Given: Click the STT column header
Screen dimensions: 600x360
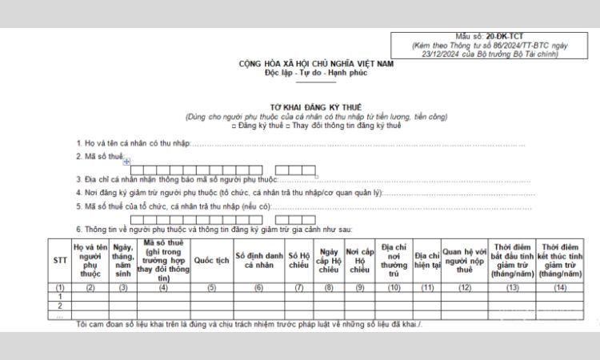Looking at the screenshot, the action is [59, 260].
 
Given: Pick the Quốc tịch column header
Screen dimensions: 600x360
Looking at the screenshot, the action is [211, 260].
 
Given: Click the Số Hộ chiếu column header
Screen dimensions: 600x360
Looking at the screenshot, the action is [298, 260].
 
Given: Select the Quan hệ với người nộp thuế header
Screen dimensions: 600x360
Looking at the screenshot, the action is [465, 260].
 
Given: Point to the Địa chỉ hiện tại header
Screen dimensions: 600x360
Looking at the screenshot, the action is [428, 260].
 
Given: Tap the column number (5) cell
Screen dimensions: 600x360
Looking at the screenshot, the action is [211, 286].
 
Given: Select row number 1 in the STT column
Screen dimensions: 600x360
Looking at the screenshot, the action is [59, 296].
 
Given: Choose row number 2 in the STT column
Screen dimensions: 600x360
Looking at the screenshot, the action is [59, 306].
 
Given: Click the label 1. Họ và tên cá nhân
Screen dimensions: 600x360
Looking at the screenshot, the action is [132, 144].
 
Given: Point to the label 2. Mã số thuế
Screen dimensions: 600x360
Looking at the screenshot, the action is [100, 158].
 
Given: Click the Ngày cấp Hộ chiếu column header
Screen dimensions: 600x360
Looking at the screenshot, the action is [330, 260].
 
